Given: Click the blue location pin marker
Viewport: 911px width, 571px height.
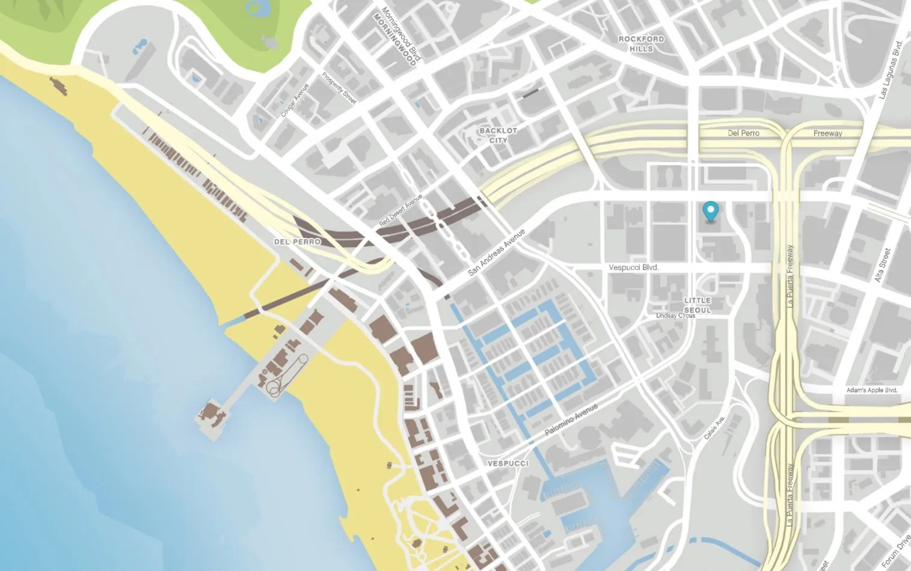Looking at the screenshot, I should point(711,211).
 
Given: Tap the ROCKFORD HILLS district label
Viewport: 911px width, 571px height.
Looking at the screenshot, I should point(641,43).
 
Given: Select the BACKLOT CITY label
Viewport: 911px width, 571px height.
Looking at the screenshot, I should point(498,135).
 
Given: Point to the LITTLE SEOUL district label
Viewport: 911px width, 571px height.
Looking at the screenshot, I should point(697,305).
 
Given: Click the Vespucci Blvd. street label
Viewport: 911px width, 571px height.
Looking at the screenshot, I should point(633,267).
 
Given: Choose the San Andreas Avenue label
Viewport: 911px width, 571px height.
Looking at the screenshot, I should point(496,252).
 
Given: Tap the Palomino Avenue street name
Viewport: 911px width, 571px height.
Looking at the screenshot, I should point(571,420).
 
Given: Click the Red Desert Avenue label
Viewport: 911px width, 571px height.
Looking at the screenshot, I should point(400,210).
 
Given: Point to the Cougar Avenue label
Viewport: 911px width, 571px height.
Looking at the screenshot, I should point(295,100).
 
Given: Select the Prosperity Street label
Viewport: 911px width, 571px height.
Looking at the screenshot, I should point(339,88).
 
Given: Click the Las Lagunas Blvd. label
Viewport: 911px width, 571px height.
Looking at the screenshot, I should point(891,70).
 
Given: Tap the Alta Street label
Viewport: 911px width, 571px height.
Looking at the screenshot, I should point(882,265).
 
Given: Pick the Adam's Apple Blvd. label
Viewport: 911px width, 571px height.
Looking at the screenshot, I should point(871,390).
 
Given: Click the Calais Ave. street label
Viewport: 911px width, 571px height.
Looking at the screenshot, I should point(714,427).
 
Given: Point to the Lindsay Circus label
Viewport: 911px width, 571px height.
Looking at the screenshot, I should point(675,316).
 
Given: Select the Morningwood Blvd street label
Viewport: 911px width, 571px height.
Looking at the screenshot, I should point(402,34).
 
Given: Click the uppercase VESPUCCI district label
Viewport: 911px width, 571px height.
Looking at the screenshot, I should point(508,463).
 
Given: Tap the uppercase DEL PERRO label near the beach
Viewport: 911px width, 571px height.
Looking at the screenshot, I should point(297,242).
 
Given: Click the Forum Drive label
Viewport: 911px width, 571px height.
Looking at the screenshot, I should point(895,551).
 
